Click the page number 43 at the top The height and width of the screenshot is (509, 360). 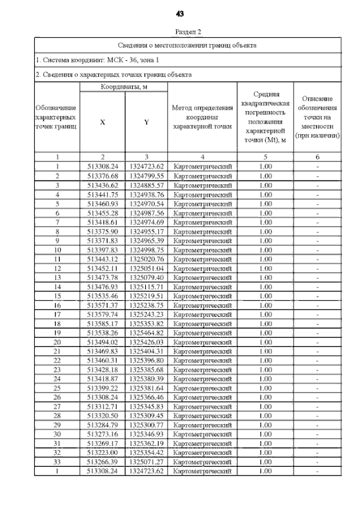pos(180,12)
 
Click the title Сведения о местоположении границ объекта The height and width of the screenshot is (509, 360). pos(188,45)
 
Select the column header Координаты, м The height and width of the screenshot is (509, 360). pos(124,88)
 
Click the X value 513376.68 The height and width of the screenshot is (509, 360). pos(102,176)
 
